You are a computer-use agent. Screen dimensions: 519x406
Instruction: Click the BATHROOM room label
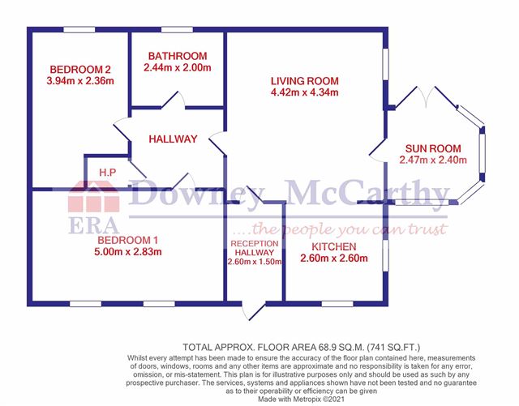tap(178, 56)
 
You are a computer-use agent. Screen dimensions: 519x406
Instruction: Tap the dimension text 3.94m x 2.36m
tap(80, 81)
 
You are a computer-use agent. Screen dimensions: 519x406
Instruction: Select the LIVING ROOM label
tap(305, 81)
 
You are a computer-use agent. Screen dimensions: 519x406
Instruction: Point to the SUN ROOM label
tap(433, 148)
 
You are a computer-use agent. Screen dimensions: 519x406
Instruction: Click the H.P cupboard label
tap(108, 173)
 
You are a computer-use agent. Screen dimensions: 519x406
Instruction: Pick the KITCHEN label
tap(334, 246)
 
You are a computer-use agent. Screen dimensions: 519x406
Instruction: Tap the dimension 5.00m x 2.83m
tap(128, 252)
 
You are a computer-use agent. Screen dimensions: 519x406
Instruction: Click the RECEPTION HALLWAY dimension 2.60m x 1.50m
tap(255, 262)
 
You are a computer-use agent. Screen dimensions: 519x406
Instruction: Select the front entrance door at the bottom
tap(254, 310)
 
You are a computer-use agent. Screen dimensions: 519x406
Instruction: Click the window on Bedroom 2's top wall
tap(79, 30)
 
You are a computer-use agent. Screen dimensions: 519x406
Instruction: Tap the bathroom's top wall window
tap(177, 30)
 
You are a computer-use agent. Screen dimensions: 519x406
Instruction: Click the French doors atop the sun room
tap(427, 96)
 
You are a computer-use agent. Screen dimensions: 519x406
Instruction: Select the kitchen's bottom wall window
tap(337, 304)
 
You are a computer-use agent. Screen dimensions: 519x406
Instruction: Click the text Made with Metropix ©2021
tap(301, 399)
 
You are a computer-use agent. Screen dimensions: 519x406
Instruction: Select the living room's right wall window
tap(386, 64)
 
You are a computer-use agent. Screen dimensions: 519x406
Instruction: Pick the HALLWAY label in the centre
tap(173, 139)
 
